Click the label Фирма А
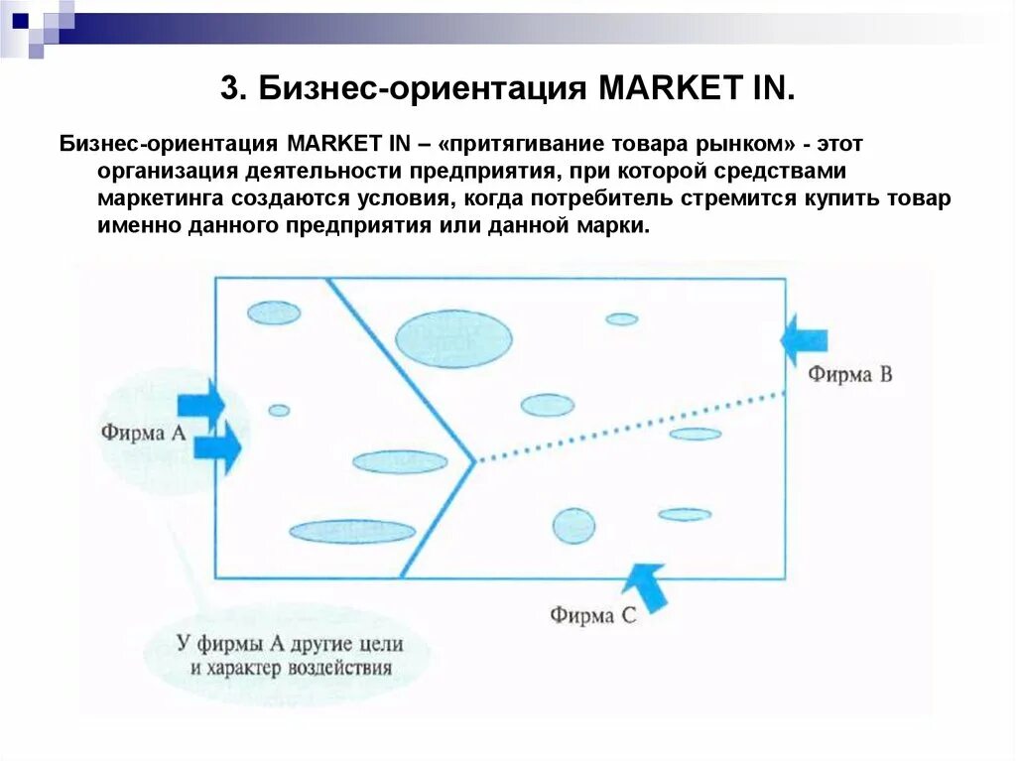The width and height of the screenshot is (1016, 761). pyautogui.click(x=143, y=433)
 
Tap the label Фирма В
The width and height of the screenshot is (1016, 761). pyautogui.click(x=849, y=374)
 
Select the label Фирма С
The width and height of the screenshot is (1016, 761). pyautogui.click(x=592, y=615)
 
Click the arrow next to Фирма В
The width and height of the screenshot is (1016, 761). pyautogui.click(x=804, y=340)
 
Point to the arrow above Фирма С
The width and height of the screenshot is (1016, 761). pyautogui.click(x=648, y=586)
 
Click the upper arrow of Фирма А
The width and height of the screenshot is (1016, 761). pyautogui.click(x=201, y=403)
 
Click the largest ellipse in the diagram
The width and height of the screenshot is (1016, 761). pyautogui.click(x=453, y=338)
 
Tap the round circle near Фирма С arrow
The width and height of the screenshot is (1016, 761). pyautogui.click(x=573, y=526)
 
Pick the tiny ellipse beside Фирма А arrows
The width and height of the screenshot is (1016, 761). pyautogui.click(x=279, y=410)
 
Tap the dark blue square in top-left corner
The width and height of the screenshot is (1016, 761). pyautogui.click(x=20, y=19)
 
